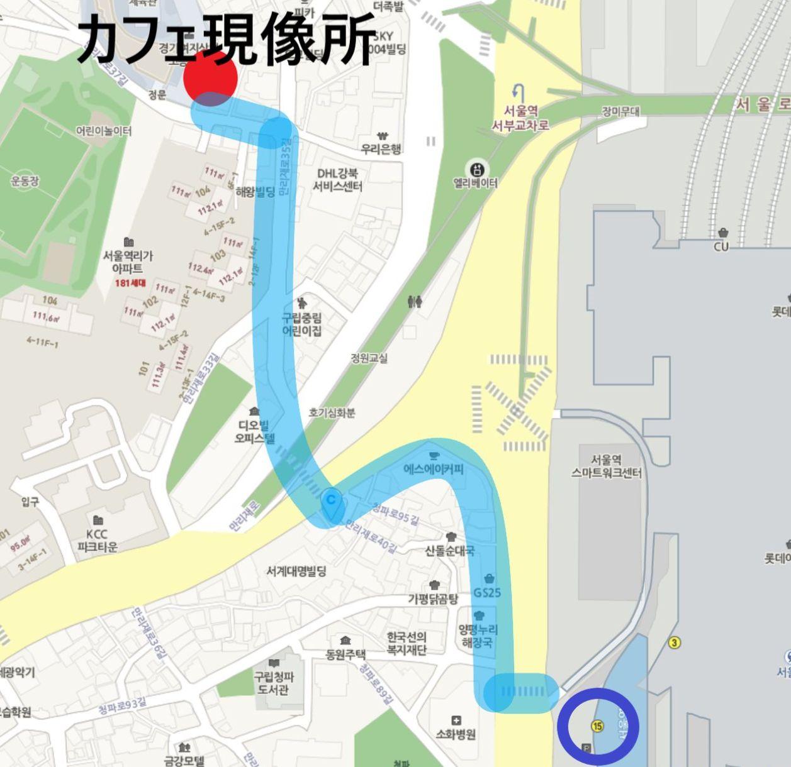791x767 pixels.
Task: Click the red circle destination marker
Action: [x=210, y=77]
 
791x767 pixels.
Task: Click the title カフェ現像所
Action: [x=227, y=39]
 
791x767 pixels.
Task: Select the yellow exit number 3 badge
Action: [x=675, y=643]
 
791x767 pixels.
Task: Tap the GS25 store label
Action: [x=488, y=592]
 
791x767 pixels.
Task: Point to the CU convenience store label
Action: [x=721, y=246]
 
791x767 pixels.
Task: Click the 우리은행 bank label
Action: [x=381, y=148]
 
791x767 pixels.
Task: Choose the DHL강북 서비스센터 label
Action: [x=338, y=180]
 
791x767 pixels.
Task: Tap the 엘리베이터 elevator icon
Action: [x=476, y=169]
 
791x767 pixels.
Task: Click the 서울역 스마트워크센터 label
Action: [x=606, y=466]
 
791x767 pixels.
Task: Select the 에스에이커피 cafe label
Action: [x=434, y=468]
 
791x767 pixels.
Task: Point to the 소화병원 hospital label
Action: [x=456, y=733]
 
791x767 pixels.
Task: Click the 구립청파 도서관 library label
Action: [x=274, y=683]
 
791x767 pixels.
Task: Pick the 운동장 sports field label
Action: [x=25, y=181]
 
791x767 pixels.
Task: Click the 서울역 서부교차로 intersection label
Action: [x=520, y=118]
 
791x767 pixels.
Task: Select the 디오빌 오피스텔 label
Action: [x=254, y=431]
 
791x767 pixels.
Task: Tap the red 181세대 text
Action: [x=130, y=283]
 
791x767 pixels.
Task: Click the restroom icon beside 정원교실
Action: [x=415, y=302]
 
